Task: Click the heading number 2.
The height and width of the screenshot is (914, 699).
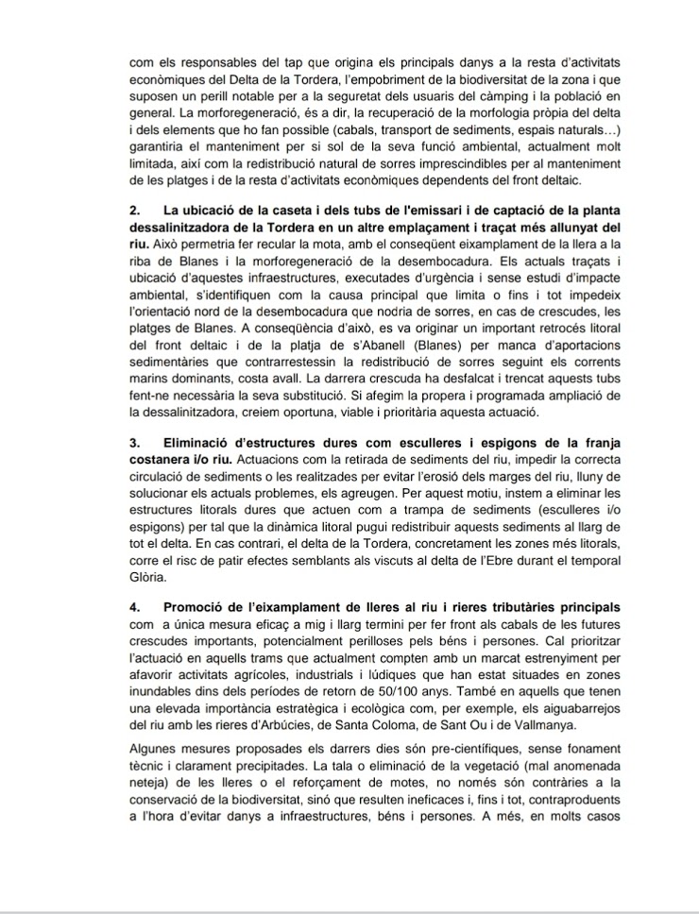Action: (x=133, y=209)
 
